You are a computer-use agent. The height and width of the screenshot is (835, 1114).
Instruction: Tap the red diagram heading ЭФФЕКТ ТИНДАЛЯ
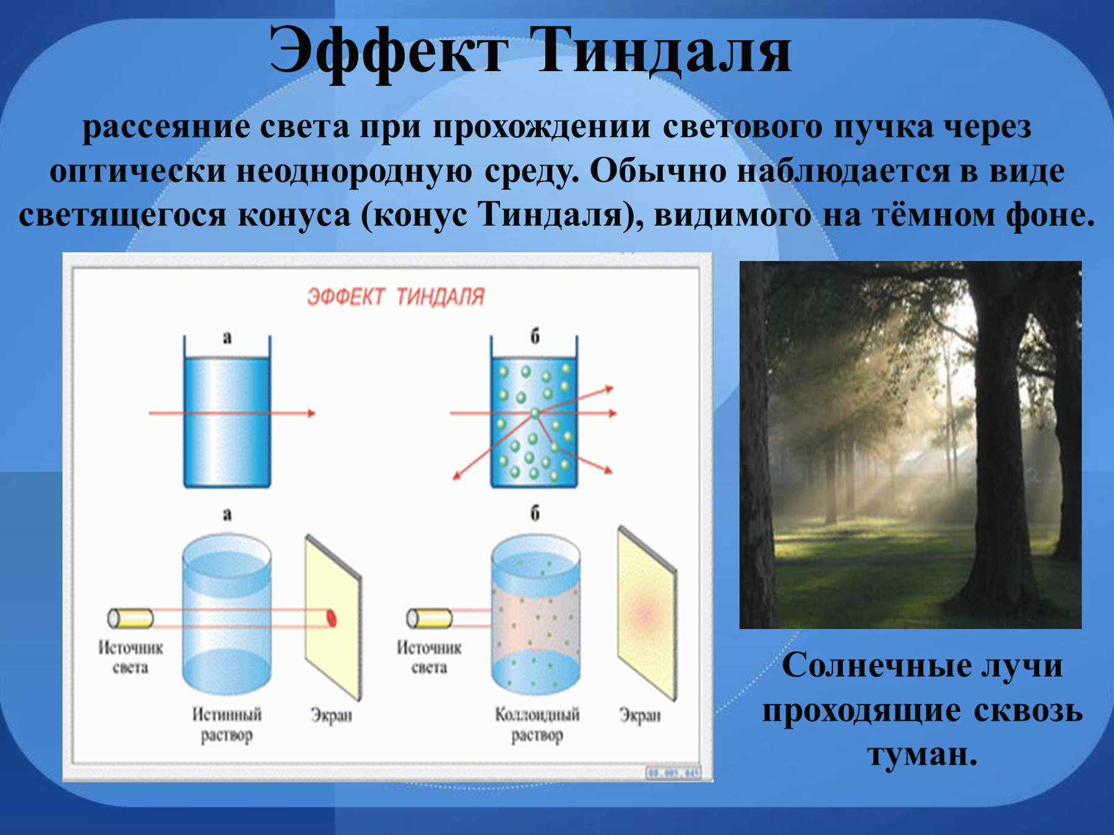tap(395, 297)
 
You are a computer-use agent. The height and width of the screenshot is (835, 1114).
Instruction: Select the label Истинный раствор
tap(227, 725)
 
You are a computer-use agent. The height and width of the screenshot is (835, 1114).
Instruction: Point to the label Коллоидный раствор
tap(537, 725)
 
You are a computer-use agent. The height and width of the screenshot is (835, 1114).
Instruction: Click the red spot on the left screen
tap(331, 618)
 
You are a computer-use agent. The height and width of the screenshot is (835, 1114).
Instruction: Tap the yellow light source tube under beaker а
tap(131, 618)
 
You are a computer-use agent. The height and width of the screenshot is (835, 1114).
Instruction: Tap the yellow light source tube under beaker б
tap(429, 618)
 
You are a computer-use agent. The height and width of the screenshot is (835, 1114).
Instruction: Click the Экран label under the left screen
tap(331, 716)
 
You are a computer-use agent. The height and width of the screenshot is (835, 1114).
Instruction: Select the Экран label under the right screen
tap(640, 716)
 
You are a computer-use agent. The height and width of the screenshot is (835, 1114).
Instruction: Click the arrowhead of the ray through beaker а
tap(311, 413)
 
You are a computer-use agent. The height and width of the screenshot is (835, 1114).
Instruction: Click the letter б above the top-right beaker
tap(535, 336)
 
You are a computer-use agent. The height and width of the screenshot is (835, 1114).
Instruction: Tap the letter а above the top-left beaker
tap(227, 338)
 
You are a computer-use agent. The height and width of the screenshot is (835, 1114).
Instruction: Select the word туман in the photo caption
tap(922, 755)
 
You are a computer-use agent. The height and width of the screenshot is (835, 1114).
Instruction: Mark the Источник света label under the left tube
tap(131, 658)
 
